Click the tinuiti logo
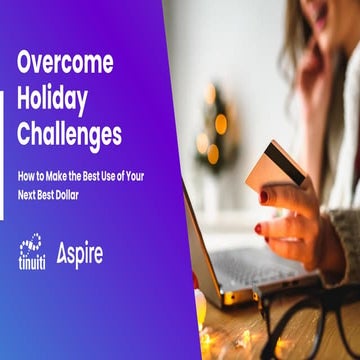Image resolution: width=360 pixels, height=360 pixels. pos(29,253)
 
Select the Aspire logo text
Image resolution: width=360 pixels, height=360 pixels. pos(80,254)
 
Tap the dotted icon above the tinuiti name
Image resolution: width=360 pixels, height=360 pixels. pos(30,243)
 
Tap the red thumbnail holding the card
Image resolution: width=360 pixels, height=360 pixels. pos(264,196)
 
